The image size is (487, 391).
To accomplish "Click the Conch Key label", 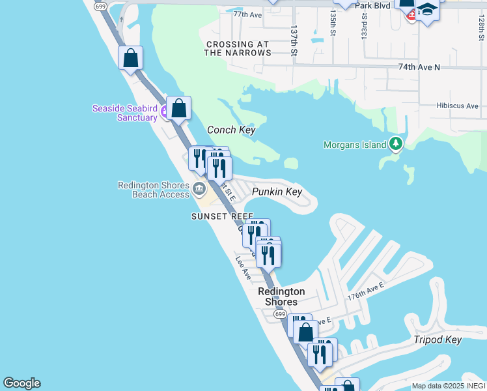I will click(x=230, y=130).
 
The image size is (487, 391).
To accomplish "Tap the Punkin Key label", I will click(x=277, y=192).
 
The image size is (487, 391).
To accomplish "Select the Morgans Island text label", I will click(x=355, y=145).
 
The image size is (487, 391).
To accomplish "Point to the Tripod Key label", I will click(x=438, y=340).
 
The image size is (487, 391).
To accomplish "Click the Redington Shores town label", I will click(x=281, y=297).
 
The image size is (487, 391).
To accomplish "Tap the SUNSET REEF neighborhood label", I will click(x=221, y=216).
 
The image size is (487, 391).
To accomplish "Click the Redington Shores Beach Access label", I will click(x=154, y=190).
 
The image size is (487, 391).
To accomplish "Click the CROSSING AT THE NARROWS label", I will click(x=237, y=49).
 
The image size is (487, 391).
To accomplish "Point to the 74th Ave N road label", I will click(x=419, y=67).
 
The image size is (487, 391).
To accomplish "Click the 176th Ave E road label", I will click(x=366, y=291).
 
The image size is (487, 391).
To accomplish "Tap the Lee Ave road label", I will click(x=244, y=268).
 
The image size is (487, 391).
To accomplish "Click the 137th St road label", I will click(x=294, y=40).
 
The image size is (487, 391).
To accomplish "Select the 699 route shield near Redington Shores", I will click(x=280, y=314).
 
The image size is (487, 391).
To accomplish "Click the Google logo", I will click(x=21, y=383).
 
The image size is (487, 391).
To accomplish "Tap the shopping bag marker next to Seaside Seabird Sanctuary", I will click(x=178, y=109).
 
